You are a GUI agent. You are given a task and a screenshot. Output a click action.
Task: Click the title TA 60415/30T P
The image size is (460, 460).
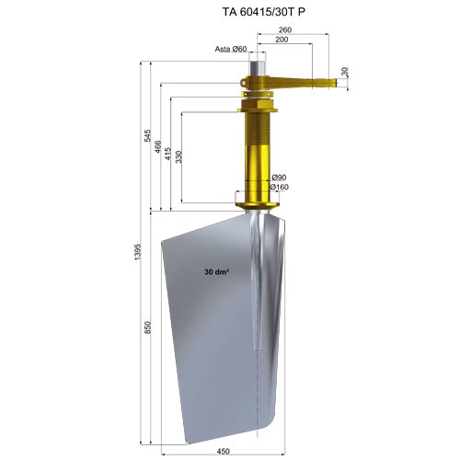click(x=264, y=12)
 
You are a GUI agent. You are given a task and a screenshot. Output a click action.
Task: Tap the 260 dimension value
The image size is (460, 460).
click(x=285, y=29)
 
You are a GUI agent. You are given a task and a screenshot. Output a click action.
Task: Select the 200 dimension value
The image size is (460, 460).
click(x=282, y=40)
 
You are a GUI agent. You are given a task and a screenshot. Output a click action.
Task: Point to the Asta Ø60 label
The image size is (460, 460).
click(x=231, y=49)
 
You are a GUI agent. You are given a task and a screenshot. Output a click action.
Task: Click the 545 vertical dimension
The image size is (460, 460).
click(x=148, y=135)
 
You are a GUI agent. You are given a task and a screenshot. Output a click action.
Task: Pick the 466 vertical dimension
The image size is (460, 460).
click(x=158, y=146)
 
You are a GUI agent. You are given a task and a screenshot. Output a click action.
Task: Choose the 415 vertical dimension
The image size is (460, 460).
click(x=168, y=154)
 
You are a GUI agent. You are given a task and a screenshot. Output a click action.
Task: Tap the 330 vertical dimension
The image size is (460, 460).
click(x=178, y=156)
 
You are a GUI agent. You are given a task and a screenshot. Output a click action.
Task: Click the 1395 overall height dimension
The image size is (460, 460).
click(x=137, y=252)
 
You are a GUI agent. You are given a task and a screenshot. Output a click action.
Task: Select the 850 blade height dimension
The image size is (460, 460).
click(x=148, y=328)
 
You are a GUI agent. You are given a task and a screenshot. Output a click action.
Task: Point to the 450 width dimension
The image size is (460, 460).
click(x=223, y=452)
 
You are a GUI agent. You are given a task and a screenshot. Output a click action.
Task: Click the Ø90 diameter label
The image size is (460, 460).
click(x=279, y=178)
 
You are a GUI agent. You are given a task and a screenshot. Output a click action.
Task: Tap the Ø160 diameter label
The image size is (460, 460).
click(x=280, y=187)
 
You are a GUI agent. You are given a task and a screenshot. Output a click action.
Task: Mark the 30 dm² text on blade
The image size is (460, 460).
click(x=217, y=271)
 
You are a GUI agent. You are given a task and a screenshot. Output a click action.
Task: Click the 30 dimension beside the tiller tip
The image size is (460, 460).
click(x=345, y=72)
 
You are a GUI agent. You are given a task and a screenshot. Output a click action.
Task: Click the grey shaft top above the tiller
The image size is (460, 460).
click(x=258, y=69)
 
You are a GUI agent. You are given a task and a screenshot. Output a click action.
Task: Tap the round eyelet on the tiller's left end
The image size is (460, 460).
click(x=244, y=83)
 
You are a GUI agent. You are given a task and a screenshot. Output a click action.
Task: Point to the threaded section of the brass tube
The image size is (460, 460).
click(x=258, y=129)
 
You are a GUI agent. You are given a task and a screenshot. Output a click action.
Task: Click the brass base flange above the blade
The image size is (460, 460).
click(x=258, y=204)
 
